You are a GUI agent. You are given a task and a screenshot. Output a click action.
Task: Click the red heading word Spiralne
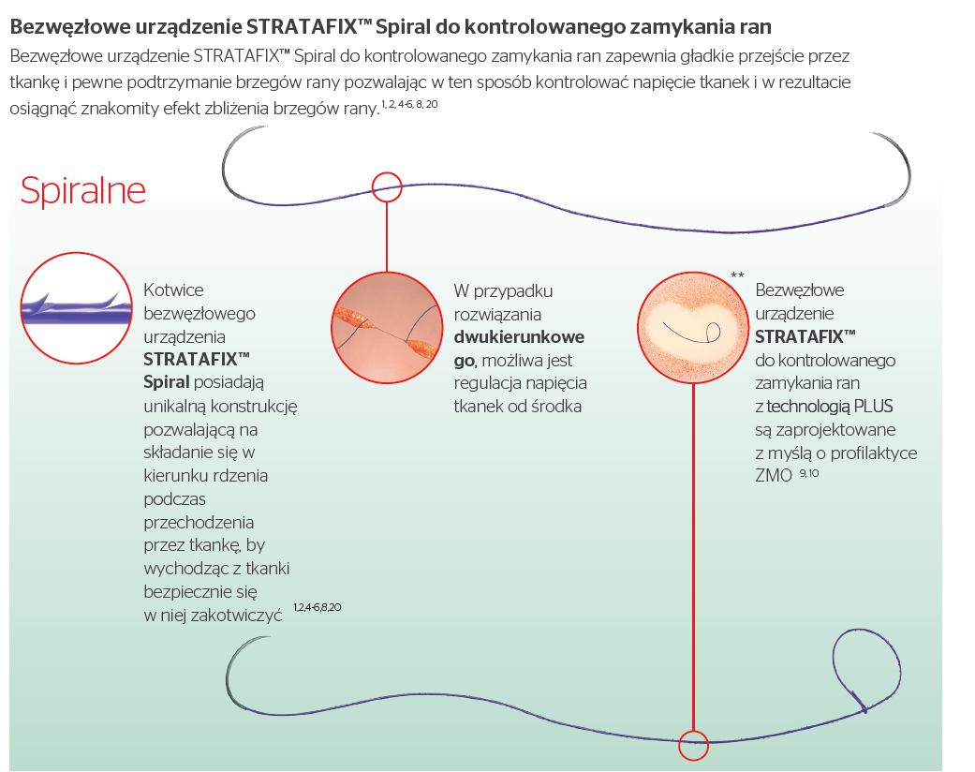click(x=83, y=190)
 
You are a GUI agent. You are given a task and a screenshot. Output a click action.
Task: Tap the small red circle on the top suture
click(x=386, y=186)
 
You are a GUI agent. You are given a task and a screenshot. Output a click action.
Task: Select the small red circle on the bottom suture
click(x=693, y=744)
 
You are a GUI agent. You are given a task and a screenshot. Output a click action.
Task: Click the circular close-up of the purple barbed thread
click(x=77, y=307)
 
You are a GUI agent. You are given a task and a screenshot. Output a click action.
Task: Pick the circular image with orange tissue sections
click(x=386, y=328)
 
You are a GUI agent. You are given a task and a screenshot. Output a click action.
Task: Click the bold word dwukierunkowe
click(x=519, y=336)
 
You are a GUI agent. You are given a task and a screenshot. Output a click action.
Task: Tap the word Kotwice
click(x=173, y=290)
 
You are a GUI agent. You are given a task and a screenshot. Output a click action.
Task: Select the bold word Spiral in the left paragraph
click(x=166, y=381)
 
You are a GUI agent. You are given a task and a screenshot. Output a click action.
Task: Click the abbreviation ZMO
click(x=773, y=476)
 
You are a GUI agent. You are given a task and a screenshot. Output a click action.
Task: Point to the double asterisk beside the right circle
click(x=737, y=275)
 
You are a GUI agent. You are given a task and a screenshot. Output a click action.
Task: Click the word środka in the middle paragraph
click(x=558, y=406)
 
